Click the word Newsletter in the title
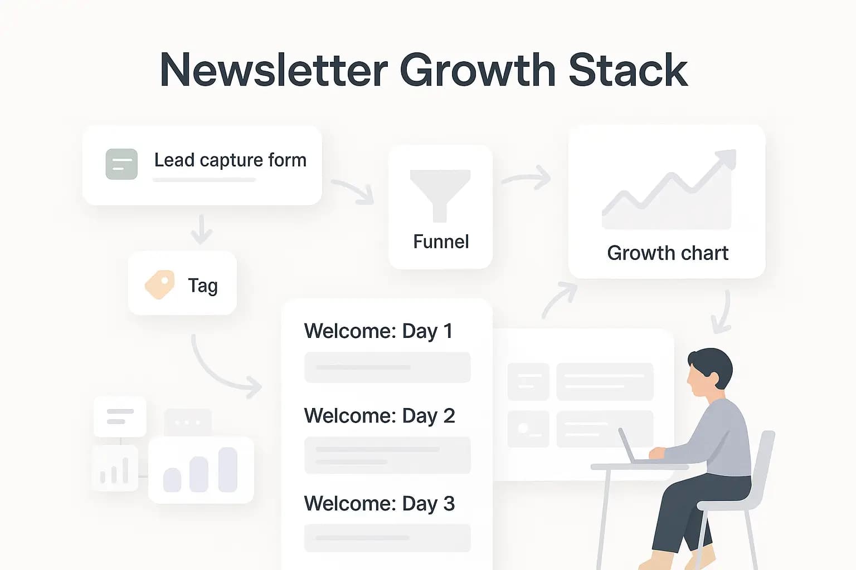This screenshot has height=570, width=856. (274, 70)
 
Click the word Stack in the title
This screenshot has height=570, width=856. (628, 70)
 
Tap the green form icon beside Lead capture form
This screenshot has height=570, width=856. (121, 164)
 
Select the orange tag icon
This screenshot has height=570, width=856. (159, 284)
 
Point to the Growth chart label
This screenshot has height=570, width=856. (668, 253)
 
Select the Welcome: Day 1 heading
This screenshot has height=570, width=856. (378, 331)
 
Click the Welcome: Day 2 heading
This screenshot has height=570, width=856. (380, 416)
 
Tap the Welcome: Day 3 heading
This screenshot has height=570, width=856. (380, 504)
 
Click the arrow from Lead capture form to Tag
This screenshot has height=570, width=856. (201, 229)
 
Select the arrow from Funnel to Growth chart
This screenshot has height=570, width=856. (527, 178)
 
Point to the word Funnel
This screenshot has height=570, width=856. (441, 242)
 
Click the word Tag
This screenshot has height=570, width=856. (203, 286)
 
